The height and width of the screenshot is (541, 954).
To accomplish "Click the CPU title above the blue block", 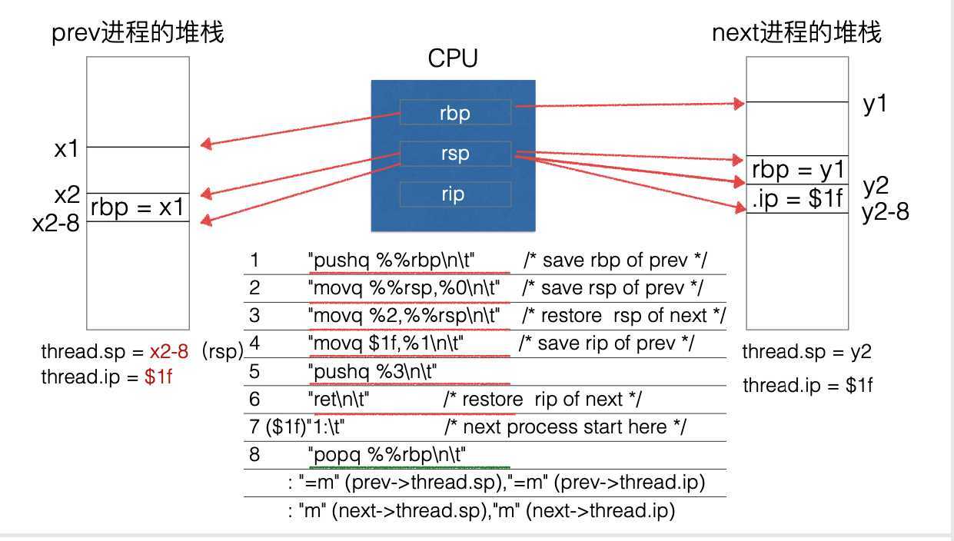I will click(x=454, y=59).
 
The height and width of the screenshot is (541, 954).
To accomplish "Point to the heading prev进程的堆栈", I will click(x=138, y=33).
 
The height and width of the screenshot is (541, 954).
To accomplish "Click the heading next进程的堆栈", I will click(x=797, y=33).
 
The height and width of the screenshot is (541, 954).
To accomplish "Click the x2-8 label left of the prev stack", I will click(x=56, y=224).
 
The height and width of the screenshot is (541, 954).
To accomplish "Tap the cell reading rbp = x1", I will click(x=137, y=207).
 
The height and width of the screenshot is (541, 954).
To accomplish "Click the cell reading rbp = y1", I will click(x=797, y=170).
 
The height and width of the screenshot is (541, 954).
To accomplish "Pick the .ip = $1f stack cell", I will click(x=797, y=199).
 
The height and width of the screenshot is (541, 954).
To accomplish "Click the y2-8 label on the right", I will click(x=885, y=211).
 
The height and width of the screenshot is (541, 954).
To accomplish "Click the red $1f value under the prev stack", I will click(x=159, y=377).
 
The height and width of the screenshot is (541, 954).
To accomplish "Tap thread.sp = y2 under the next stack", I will click(x=806, y=352).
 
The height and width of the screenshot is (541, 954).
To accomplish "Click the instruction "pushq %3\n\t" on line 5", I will click(x=373, y=372).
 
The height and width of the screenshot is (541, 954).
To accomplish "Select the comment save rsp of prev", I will click(x=613, y=288).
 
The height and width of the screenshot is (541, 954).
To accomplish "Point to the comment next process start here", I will click(x=565, y=426).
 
